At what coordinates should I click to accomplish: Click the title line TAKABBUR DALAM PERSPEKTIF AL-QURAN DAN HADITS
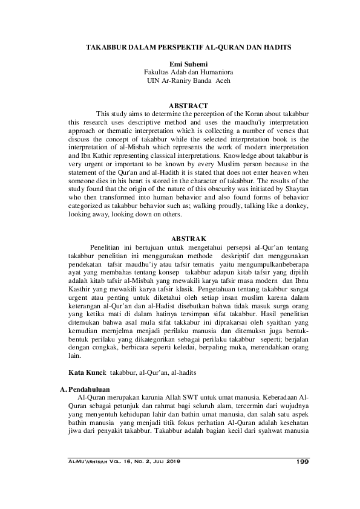[180, 47]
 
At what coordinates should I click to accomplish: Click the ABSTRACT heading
[180, 105]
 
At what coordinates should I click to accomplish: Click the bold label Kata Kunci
[83, 368]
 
